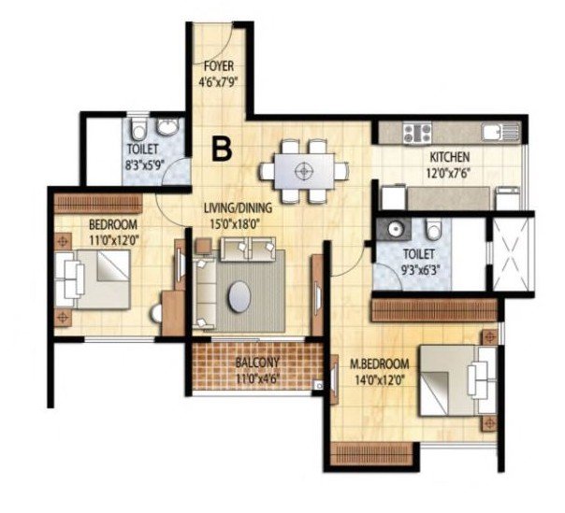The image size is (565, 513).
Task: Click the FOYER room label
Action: pos(218,66)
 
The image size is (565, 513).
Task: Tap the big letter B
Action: pos(222,149)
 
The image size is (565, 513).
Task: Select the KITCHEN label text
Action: pos(450,157)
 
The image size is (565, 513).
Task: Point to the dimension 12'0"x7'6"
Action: pos(450,173)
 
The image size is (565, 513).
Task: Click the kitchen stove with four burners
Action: pos(417,132)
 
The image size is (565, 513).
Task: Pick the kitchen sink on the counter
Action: pos(500,131)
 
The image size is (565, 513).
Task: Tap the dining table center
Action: pos(304,171)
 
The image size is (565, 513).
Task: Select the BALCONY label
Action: pos(257,362)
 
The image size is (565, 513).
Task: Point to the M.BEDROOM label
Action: pos(380,364)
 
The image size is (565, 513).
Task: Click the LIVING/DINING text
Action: pos(238,208)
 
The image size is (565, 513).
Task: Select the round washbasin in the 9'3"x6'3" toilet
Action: pos(396,228)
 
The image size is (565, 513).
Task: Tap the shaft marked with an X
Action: pos(511,253)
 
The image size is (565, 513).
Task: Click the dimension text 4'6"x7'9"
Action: pos(219,82)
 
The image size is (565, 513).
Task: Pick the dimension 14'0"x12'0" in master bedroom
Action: pos(380,380)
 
